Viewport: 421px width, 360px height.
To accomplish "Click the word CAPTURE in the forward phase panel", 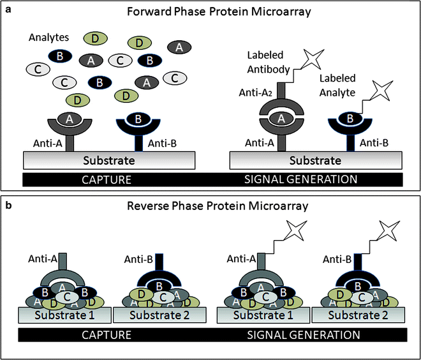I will [106, 179].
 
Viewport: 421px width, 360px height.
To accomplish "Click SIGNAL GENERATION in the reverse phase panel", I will [303, 334].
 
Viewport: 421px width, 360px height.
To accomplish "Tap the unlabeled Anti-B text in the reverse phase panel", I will [135, 260].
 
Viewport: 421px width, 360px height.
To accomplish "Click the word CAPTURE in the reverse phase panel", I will [106, 334].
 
